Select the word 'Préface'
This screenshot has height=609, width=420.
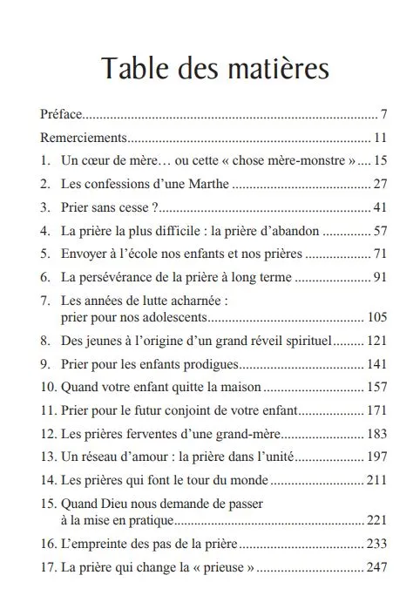pyautogui.click(x=59, y=115)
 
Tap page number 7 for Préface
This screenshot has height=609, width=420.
pyautogui.click(x=383, y=115)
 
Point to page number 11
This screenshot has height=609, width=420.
pyautogui.click(x=379, y=138)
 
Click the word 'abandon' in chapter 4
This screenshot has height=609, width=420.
pyautogui.click(x=295, y=231)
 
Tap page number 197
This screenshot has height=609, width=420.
pyautogui.click(x=376, y=457)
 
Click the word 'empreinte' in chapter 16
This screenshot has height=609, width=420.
pyautogui.click(x=98, y=543)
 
